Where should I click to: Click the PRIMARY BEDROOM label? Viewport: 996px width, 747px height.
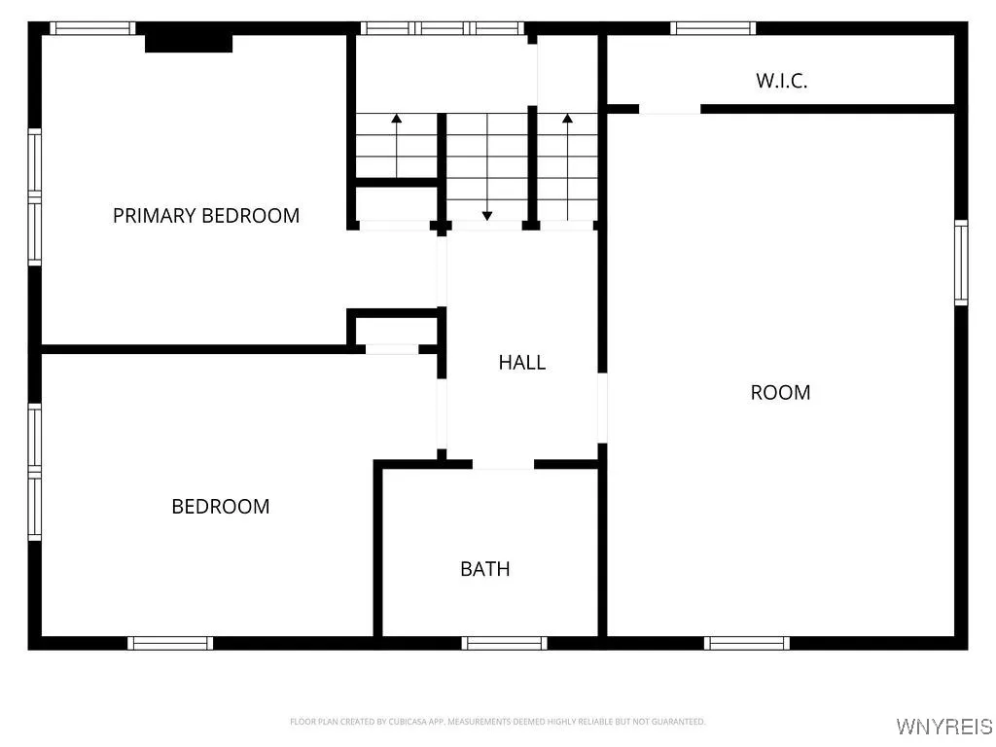coord(206,216)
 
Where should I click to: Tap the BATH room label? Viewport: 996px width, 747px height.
coord(484,569)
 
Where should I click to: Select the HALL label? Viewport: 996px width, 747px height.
coord(521,362)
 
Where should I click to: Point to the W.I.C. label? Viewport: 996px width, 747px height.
coord(781,81)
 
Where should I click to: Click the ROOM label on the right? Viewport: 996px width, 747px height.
coord(780,392)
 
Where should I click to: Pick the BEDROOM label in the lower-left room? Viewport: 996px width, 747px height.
coord(221,506)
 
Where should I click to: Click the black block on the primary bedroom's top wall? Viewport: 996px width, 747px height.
coord(189,43)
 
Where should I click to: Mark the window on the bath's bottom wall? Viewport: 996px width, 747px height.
coord(504,642)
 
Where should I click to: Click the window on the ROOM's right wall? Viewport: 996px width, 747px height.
coord(961,262)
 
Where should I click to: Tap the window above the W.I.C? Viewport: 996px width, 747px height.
coord(713,28)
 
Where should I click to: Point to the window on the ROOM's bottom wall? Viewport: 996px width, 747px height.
coord(746,642)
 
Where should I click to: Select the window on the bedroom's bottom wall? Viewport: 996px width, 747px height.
coord(170,642)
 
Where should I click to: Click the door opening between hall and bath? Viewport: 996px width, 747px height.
coord(503,464)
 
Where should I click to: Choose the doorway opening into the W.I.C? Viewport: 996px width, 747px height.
coord(669,109)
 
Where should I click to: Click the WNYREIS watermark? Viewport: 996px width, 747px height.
coord(944,727)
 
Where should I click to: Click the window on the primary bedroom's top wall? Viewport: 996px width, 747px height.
coord(92,28)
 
